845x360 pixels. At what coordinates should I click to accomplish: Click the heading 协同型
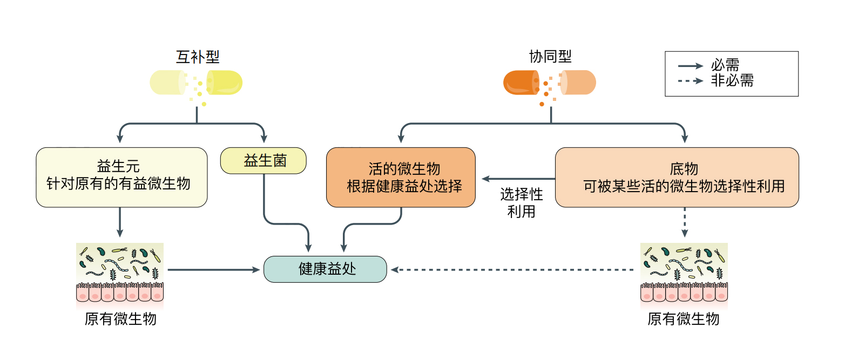(x=550, y=57)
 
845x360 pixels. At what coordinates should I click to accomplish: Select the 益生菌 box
(x=263, y=161)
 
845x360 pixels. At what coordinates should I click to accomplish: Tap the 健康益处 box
(x=325, y=269)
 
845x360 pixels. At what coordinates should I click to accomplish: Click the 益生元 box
(x=121, y=177)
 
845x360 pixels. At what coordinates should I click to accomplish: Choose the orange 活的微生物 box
(x=401, y=177)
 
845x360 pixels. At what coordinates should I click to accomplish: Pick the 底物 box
(x=677, y=177)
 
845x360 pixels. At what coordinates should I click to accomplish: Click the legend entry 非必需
(x=732, y=81)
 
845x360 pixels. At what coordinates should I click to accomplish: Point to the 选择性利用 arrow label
(x=521, y=202)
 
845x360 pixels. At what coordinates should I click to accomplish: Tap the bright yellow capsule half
(x=226, y=83)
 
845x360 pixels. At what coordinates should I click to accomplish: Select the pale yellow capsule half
(x=167, y=83)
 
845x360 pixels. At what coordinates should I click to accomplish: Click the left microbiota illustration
(x=120, y=272)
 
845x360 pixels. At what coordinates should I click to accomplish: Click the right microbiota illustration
(x=684, y=272)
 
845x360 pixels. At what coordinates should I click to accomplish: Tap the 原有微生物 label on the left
(x=120, y=319)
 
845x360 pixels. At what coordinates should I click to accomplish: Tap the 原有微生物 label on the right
(x=684, y=319)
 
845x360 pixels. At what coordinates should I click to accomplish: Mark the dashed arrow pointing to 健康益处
(x=513, y=269)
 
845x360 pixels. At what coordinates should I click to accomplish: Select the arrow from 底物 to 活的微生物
(x=518, y=179)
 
